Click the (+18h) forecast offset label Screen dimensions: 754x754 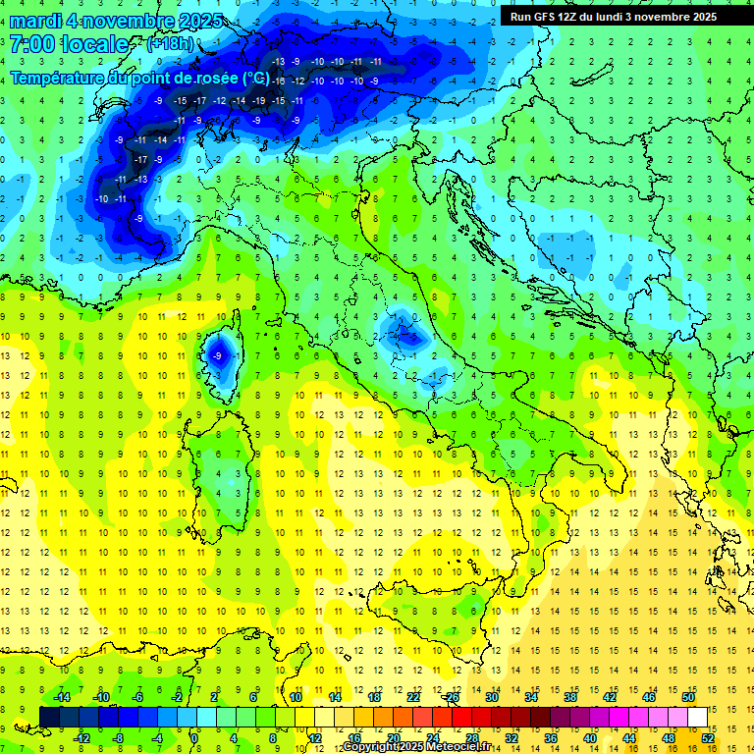170,44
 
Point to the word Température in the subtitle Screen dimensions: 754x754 58,77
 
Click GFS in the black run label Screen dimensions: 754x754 544,17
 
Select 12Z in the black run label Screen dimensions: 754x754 569,17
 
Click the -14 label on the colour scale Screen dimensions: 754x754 61,697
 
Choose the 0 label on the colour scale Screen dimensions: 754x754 194,737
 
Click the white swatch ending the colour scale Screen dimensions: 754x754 697,717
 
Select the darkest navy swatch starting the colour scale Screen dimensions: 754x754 49,717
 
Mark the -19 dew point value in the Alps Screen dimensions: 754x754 258,100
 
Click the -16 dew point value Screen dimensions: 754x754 278,81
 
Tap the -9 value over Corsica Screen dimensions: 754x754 216,354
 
